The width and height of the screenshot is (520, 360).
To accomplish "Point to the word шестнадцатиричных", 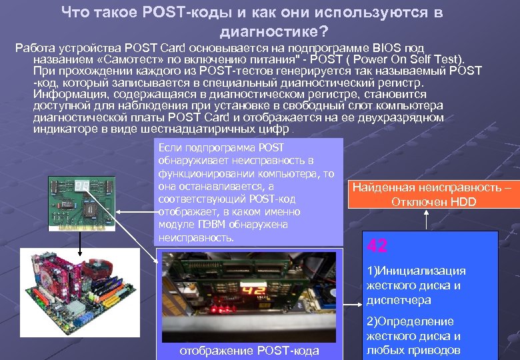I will coord(213,129).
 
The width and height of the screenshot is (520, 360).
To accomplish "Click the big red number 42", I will coord(377,246).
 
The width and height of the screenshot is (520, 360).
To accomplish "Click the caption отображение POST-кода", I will coord(250,351).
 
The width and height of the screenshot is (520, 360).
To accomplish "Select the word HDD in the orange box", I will coord(463,201).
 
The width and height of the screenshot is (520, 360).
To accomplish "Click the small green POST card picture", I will coord(82,199).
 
